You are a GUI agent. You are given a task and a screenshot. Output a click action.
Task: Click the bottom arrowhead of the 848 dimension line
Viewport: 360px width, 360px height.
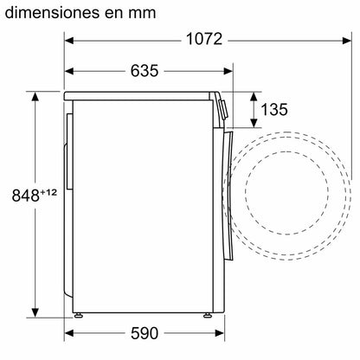pyautogui.click(x=35, y=314)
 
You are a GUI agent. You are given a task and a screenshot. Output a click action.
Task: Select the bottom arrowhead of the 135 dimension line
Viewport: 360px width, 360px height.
pyautogui.click(x=253, y=125)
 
